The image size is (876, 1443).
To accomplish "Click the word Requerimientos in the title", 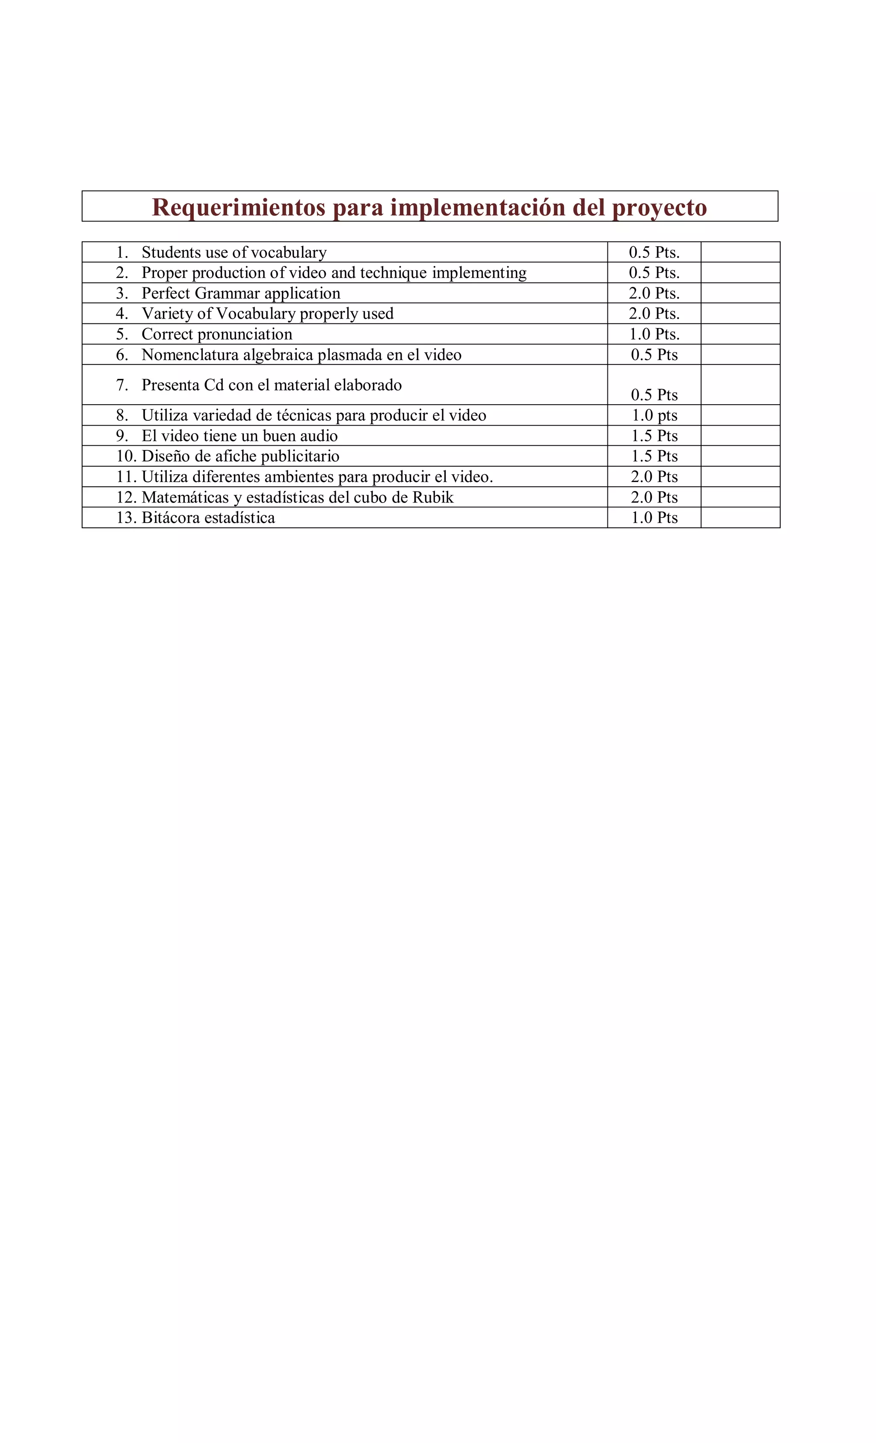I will pyautogui.click(x=238, y=207).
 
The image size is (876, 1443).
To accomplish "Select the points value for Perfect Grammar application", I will pyautogui.click(x=654, y=293).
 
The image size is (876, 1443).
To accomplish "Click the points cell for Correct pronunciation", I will pyautogui.click(x=654, y=334).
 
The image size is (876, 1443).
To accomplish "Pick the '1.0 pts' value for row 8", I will pyautogui.click(x=654, y=415).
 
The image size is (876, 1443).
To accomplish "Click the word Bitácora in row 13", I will pyautogui.click(x=171, y=517).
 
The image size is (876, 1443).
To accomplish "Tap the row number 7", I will pyautogui.click(x=122, y=385).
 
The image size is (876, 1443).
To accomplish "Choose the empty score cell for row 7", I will pyautogui.click(x=740, y=385).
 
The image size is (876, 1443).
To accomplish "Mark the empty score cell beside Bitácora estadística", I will pyautogui.click(x=740, y=517).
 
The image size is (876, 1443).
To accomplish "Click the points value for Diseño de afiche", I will pyautogui.click(x=654, y=456).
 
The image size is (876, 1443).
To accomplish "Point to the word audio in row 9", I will pyautogui.click(x=319, y=436).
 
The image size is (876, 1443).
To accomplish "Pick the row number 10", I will pyautogui.click(x=125, y=456).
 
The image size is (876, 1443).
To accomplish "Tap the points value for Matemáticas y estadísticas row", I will pyautogui.click(x=654, y=497).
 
